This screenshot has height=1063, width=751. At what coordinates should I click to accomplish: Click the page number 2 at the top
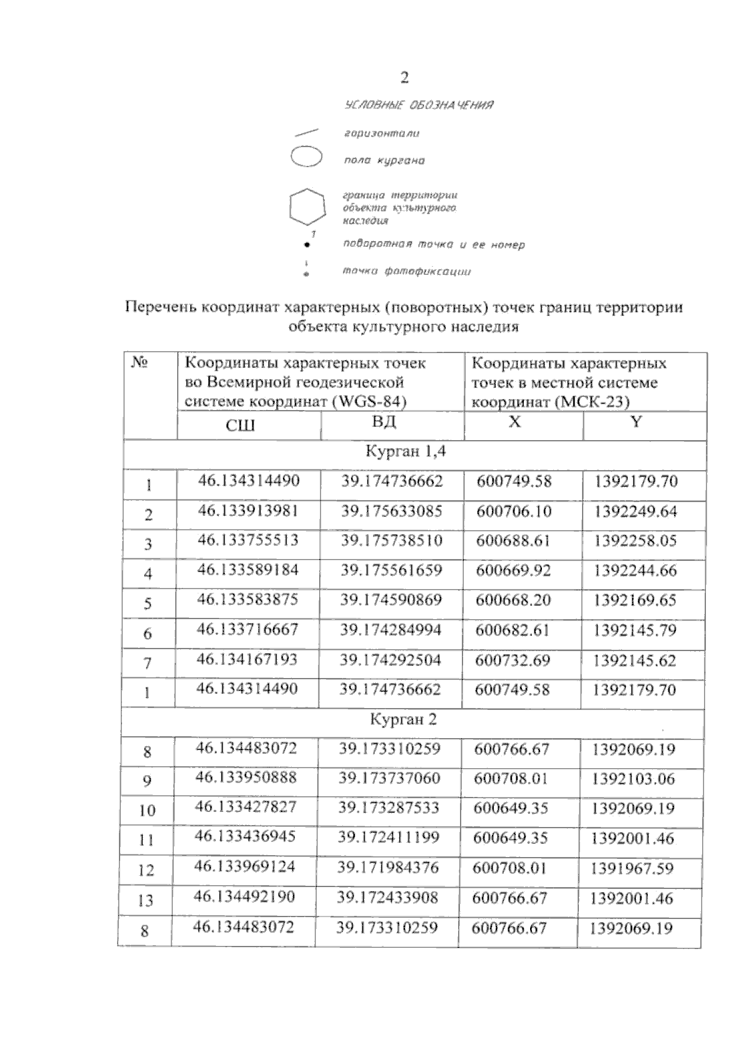[404, 77]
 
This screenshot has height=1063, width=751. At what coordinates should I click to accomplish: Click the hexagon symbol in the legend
[307, 206]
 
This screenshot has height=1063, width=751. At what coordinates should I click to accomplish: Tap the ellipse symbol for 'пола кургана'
[307, 157]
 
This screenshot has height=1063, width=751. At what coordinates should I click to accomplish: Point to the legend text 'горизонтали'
[382, 133]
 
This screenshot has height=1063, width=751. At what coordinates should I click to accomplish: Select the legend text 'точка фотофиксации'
[406, 271]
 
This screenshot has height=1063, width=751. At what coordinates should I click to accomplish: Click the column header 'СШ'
[240, 426]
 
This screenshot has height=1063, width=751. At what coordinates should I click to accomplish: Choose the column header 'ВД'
[384, 422]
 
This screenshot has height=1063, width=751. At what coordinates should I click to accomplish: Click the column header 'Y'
[636, 422]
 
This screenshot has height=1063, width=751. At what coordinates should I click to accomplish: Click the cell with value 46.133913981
[248, 511]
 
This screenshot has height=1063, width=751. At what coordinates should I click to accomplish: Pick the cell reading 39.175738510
[391, 540]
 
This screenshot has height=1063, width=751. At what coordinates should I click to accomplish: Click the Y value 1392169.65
[635, 600]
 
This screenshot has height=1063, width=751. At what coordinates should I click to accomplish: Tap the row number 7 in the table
[148, 663]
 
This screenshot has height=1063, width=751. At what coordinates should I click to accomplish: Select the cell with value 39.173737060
[389, 778]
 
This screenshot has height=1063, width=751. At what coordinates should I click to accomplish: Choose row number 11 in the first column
[146, 840]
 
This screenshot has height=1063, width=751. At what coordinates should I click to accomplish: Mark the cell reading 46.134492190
[244, 898]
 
